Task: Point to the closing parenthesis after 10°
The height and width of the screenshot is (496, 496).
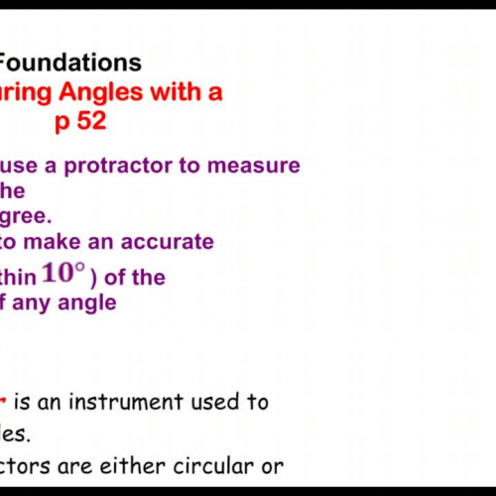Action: coord(91,278)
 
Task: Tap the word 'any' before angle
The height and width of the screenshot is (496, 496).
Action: coord(37,303)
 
